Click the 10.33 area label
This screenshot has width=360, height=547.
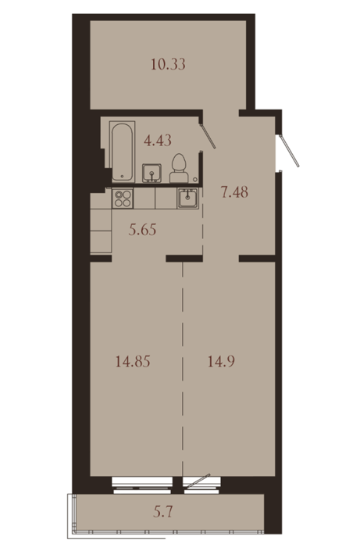pyautogui.click(x=168, y=65)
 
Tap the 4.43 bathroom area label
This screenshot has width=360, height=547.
pyautogui.click(x=158, y=140)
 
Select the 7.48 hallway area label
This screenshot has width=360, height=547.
pyautogui.click(x=234, y=192)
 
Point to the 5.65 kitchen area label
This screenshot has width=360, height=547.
pyautogui.click(x=142, y=230)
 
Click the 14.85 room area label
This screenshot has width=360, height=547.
pyautogui.click(x=133, y=361)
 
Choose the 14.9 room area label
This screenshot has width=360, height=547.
pyautogui.click(x=221, y=361)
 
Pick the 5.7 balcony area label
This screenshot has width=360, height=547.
pyautogui.click(x=163, y=513)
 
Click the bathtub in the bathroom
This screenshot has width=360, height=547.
pyautogui.click(x=122, y=152)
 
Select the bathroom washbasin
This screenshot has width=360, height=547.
pyautogui.click(x=152, y=173)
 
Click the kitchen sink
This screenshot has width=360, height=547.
pyautogui.click(x=188, y=198)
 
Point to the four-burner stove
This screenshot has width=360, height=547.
pyautogui.click(x=123, y=198)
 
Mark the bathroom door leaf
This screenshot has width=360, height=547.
pyautogui.click(x=209, y=136)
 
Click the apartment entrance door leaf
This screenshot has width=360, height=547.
pyautogui.click(x=290, y=151)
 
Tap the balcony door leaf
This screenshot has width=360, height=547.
pyautogui.click(x=197, y=481)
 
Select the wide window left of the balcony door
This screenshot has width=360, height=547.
pyautogui.click(x=142, y=485)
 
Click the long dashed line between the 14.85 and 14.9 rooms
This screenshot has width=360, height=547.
pyautogui.click(x=183, y=369)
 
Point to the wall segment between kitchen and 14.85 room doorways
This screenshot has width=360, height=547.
pyautogui.click(x=184, y=259)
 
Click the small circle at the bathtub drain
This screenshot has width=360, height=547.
pyautogui.click(x=122, y=176)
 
